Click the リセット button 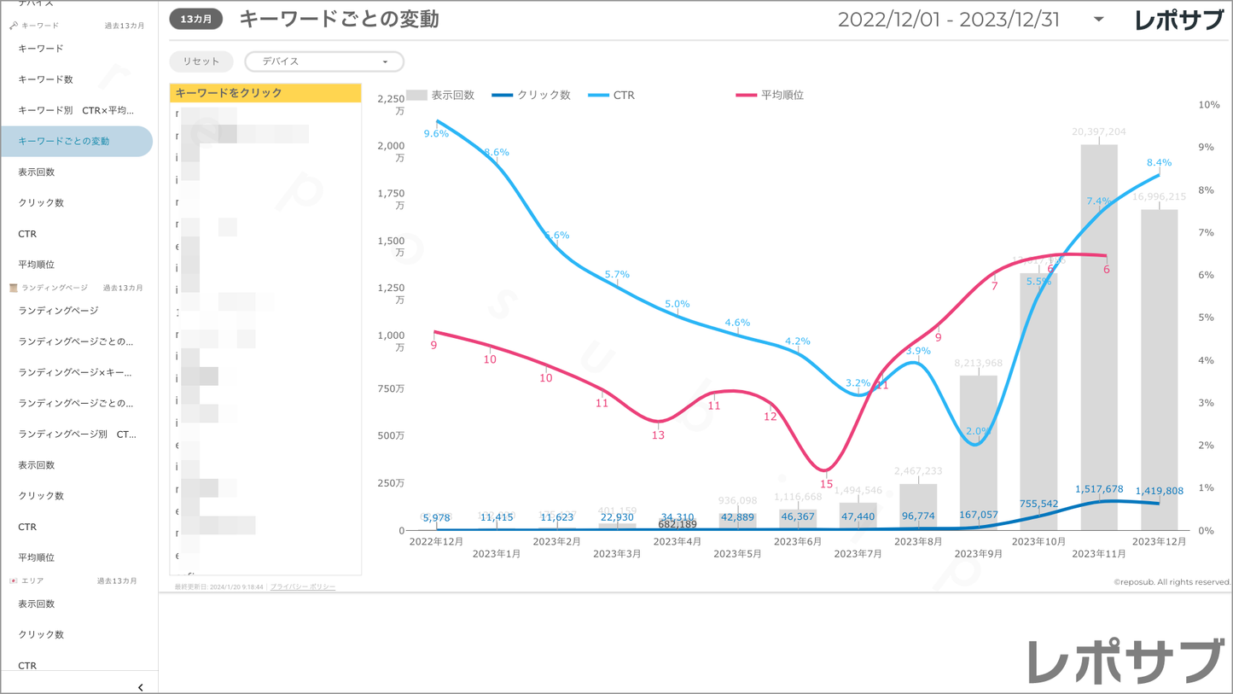[x=201, y=61]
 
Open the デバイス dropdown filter [x=324, y=61]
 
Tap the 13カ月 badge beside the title [x=196, y=19]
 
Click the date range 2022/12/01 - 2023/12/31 [x=949, y=20]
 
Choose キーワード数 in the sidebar [x=46, y=79]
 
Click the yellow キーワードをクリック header [x=265, y=93]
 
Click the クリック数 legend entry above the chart [x=532, y=96]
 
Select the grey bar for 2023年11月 [x=1099, y=341]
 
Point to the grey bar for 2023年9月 [x=979, y=452]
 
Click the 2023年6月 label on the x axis [x=798, y=541]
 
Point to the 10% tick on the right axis [x=1209, y=105]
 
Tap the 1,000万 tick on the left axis [x=393, y=341]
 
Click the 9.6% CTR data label [x=436, y=134]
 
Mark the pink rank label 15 [x=826, y=484]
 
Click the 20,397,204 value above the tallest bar [x=1099, y=132]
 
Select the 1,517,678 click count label [x=1099, y=489]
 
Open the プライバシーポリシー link [x=303, y=587]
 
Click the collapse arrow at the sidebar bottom [x=141, y=687]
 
